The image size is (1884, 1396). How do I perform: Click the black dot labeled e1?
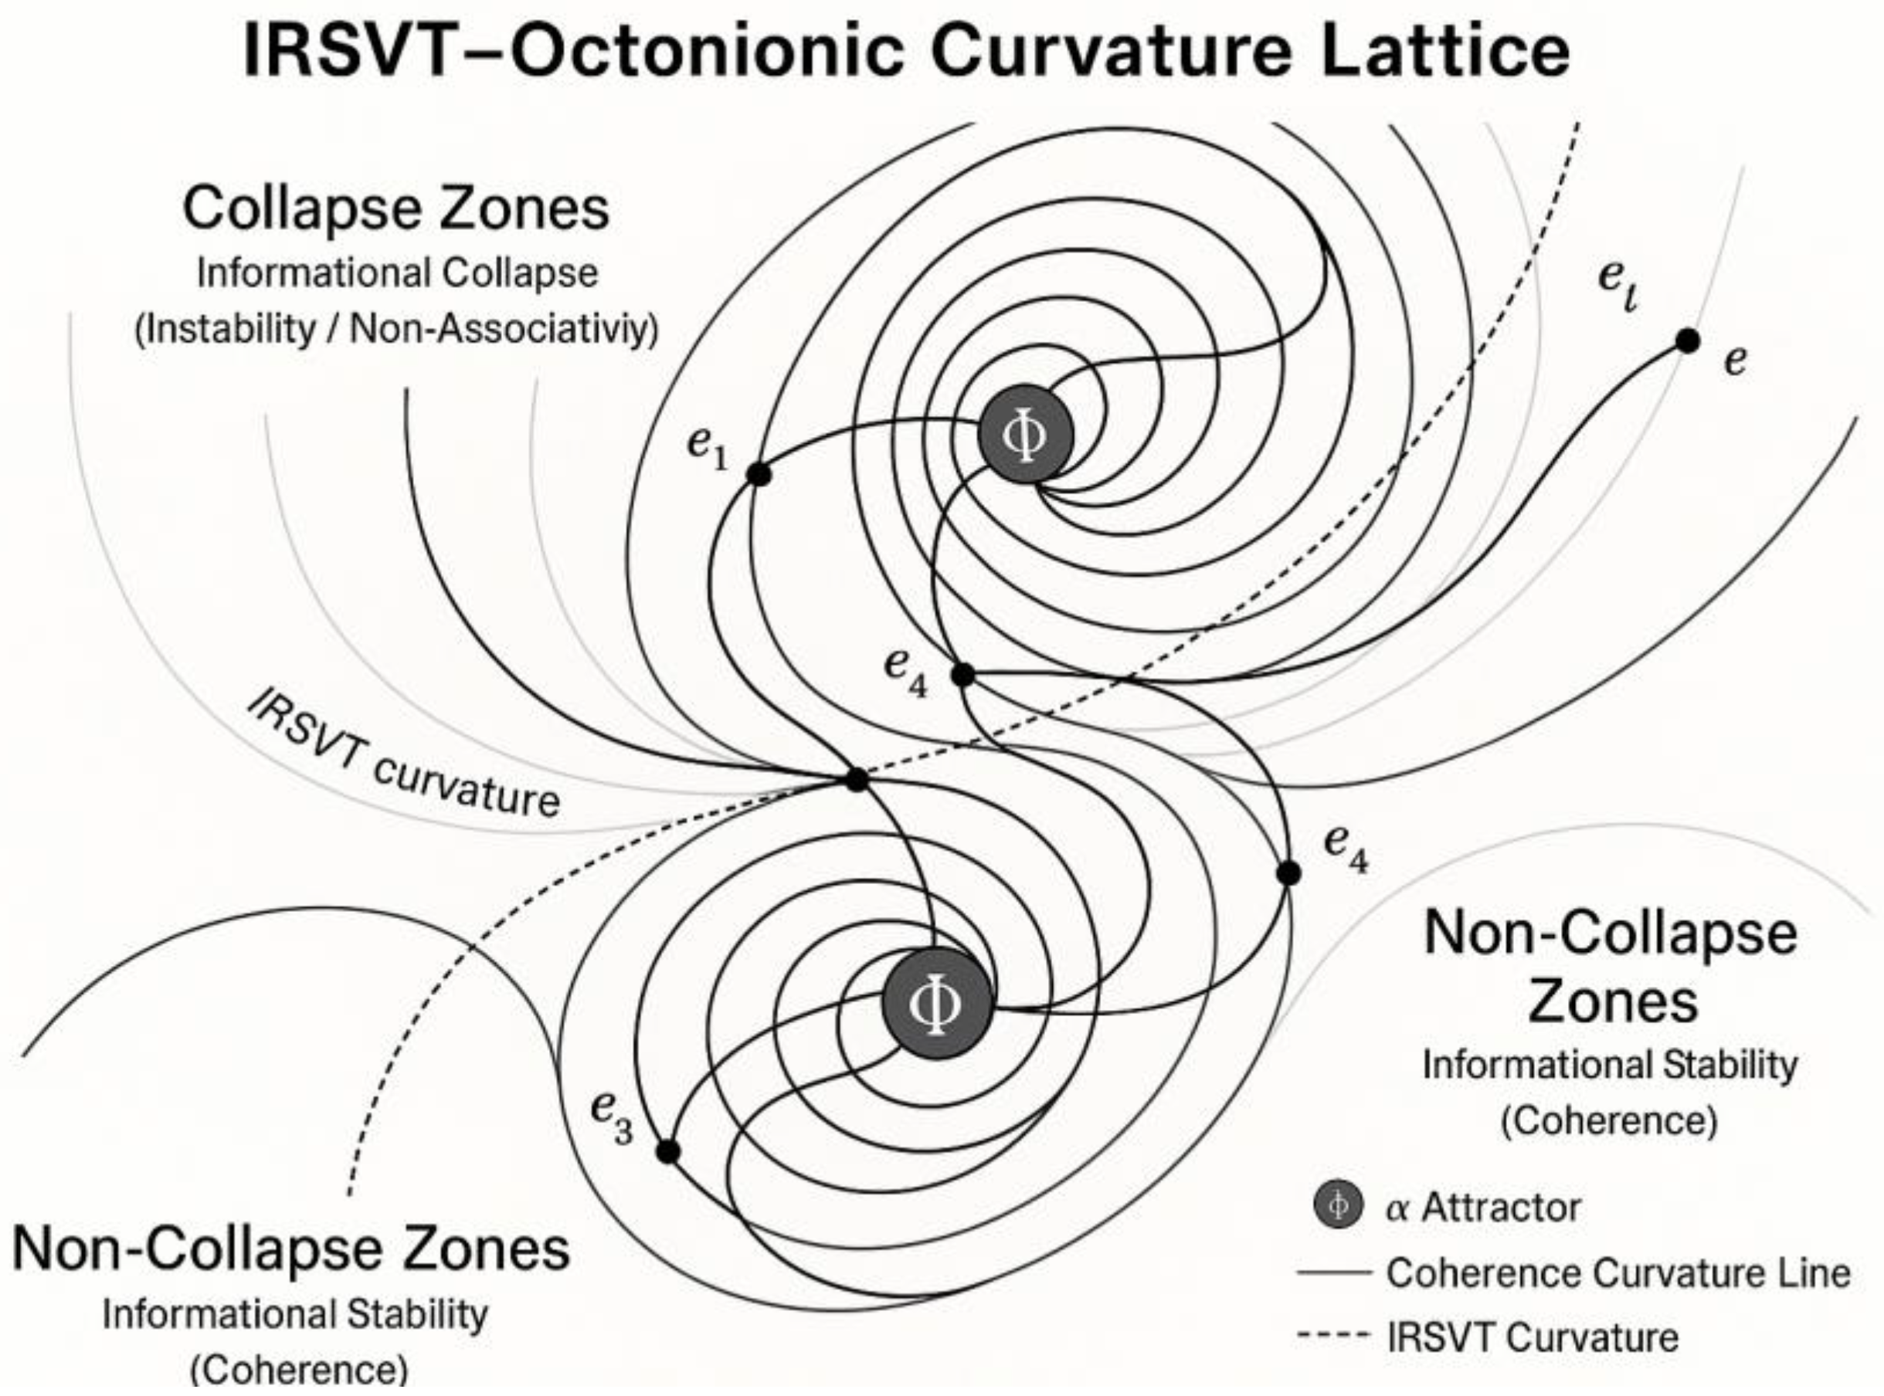coord(759,474)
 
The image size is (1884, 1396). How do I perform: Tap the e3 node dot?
coord(667,1151)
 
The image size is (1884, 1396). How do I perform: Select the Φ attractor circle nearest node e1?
coord(1025,435)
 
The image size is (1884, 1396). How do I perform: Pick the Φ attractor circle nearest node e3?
coord(935,1003)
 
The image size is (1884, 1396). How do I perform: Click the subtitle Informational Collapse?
coord(397,273)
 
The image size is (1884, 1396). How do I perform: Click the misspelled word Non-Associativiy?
coord(504,329)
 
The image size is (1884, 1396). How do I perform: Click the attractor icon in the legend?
coord(1338,1205)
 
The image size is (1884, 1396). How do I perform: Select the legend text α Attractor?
coord(1482,1207)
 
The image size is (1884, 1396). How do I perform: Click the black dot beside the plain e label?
coord(1687,341)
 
